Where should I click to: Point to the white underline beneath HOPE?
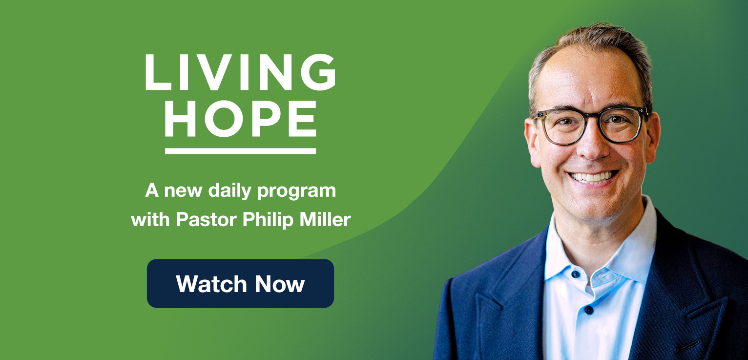[240, 151]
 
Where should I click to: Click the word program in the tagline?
[297, 192]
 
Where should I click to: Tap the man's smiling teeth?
[593, 176]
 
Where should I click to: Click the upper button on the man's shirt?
[576, 274]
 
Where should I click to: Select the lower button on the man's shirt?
[588, 309]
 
